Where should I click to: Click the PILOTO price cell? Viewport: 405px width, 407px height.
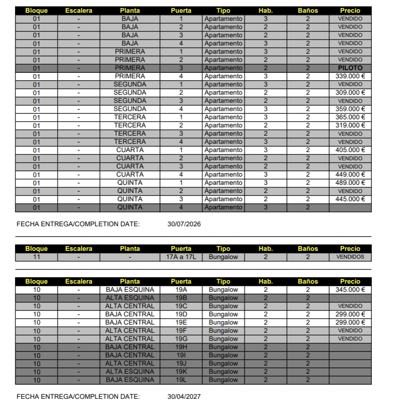350,68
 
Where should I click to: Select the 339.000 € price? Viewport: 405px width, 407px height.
350,76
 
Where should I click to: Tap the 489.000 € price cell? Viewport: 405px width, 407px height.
350,183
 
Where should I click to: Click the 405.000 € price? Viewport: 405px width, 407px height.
350,150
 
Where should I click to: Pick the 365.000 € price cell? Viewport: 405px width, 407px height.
350,117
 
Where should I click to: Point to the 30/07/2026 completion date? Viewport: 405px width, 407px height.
184,224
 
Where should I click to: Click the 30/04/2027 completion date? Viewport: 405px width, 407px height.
184,397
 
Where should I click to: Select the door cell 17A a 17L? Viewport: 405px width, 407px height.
181,257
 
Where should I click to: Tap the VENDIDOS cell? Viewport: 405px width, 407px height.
350,257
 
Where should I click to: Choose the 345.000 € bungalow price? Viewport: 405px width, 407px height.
350,290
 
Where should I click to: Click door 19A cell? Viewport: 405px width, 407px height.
181,290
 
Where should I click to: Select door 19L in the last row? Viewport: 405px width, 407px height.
181,380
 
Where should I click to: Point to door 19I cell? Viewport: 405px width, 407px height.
181,355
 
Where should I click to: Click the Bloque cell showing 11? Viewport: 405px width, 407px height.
36,257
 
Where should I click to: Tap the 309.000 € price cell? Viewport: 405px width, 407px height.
350,92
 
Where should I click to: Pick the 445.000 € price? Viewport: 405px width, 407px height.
350,199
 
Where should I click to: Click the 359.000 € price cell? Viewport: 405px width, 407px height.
350,109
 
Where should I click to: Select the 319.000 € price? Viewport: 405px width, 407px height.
350,125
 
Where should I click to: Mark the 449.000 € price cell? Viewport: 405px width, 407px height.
350,174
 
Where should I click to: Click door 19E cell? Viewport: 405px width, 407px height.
181,322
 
